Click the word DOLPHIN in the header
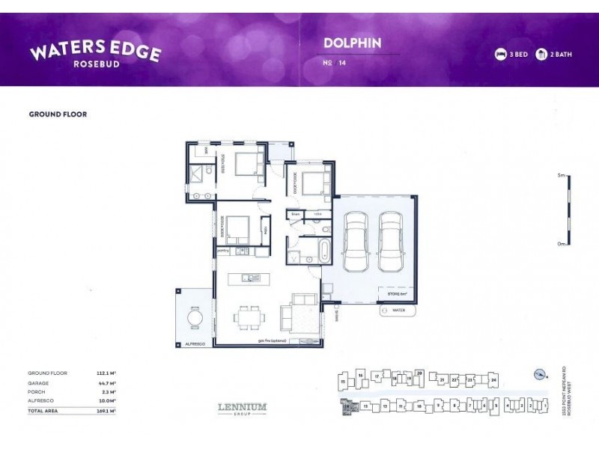(x=352, y=43)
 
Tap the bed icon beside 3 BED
(x=500, y=55)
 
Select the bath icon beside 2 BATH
(x=541, y=55)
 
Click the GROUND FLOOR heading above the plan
(x=58, y=114)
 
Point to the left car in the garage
(x=354, y=241)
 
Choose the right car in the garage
(x=390, y=241)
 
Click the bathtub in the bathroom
(x=324, y=251)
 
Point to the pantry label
(x=222, y=251)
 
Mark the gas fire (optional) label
(x=272, y=340)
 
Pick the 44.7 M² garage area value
(x=105, y=382)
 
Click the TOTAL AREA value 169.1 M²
(x=105, y=411)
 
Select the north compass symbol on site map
(x=536, y=376)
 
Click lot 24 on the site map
(x=493, y=380)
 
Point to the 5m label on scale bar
(x=559, y=175)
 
